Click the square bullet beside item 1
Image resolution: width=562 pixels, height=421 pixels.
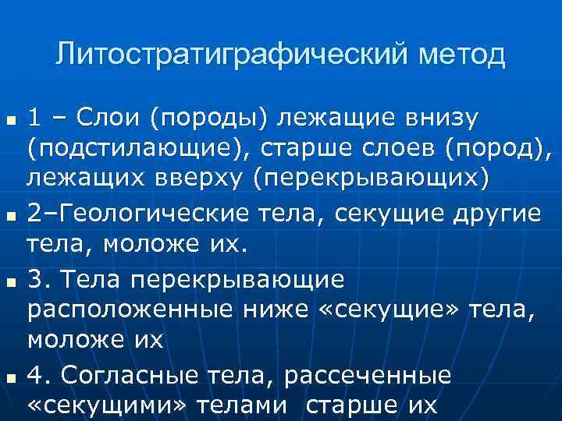(x=10, y=122)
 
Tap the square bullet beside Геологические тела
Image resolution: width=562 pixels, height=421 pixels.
(x=10, y=213)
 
